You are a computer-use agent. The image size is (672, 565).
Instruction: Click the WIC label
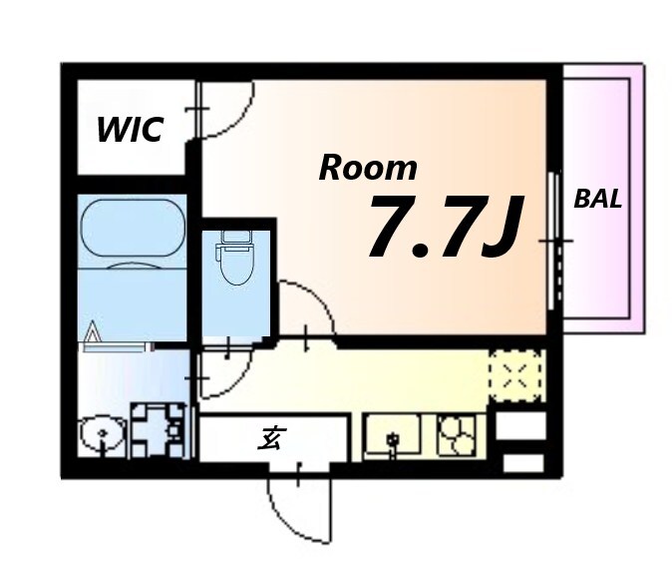pos(131,129)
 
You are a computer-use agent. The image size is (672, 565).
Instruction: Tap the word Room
pos(368,168)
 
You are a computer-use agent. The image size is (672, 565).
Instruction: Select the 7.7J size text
pos(446,227)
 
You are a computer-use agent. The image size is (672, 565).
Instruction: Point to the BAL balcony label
pos(597,199)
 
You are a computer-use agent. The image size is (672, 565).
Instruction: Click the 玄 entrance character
pos(271,438)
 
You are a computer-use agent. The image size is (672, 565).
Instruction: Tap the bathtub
pos(133,228)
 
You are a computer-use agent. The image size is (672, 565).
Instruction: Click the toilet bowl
pos(235,265)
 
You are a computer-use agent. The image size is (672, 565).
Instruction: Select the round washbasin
pos(102,434)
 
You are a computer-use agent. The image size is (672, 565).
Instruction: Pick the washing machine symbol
pos(158,430)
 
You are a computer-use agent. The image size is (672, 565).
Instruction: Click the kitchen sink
pos(392,433)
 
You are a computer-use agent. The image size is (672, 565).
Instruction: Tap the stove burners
pos(457,433)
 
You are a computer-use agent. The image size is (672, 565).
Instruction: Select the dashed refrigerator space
pos(515,375)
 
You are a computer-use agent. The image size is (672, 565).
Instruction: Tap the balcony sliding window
pos(555,241)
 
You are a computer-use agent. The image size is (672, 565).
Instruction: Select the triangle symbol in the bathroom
pos(93,330)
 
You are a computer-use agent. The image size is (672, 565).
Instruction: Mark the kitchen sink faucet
pos(392,442)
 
